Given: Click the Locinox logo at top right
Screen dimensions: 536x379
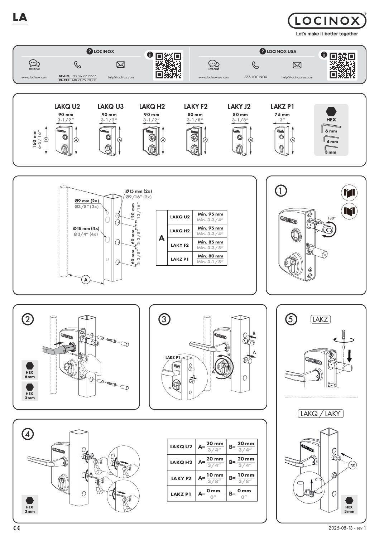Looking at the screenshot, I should [x=327, y=21].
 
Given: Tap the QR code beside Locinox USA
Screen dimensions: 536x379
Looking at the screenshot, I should [x=342, y=65].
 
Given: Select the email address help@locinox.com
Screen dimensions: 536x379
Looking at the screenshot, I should [x=121, y=77].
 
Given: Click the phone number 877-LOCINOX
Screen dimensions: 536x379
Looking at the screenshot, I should [x=255, y=77].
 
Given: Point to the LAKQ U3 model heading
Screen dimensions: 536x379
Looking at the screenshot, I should [x=110, y=106].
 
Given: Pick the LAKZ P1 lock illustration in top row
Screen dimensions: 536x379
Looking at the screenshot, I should [x=282, y=140].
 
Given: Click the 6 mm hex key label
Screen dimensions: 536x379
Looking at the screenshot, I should [x=331, y=131].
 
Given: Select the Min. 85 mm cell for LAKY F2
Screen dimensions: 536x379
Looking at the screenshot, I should [x=210, y=242].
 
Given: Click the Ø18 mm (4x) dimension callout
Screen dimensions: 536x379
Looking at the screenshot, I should [x=86, y=228].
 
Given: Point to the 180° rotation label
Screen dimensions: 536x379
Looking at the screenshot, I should [x=331, y=218].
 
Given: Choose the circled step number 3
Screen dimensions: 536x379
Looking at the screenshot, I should [x=163, y=319].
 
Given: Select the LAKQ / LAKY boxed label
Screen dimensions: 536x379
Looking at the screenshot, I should [x=320, y=414].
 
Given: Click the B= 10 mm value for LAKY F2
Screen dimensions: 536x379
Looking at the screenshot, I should [x=245, y=475].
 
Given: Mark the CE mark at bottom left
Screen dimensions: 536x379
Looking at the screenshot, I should [x=16, y=528].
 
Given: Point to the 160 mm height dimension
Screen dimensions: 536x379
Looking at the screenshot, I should [x=34, y=140].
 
